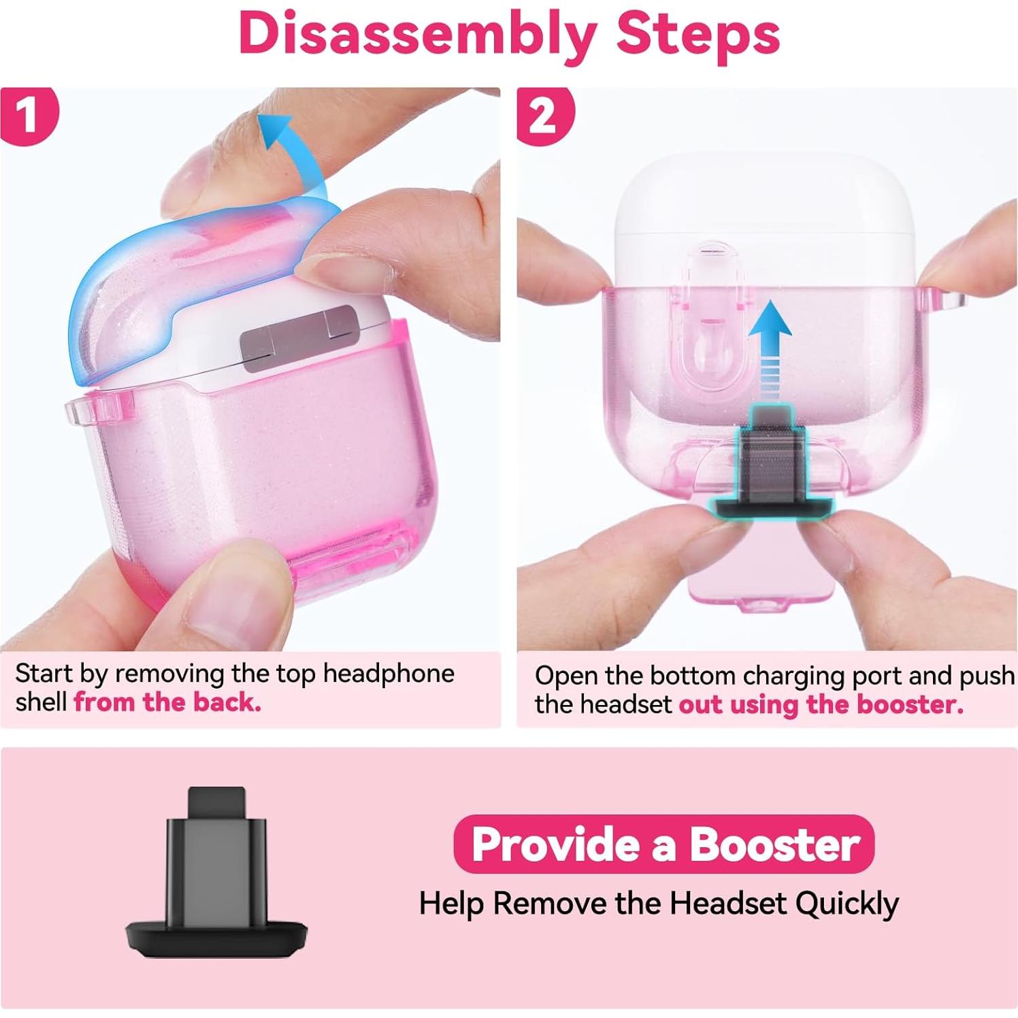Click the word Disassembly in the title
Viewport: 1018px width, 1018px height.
(416, 34)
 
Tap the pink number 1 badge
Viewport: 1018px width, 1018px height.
(27, 115)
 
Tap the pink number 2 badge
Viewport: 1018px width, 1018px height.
(543, 116)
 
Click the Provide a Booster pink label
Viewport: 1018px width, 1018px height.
(663, 844)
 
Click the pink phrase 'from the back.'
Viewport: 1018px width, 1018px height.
(167, 702)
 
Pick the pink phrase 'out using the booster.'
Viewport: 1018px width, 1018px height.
(821, 704)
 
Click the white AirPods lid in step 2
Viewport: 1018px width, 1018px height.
(766, 204)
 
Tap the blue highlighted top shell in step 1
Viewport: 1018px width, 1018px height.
(170, 272)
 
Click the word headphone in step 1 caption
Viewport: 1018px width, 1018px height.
(388, 673)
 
